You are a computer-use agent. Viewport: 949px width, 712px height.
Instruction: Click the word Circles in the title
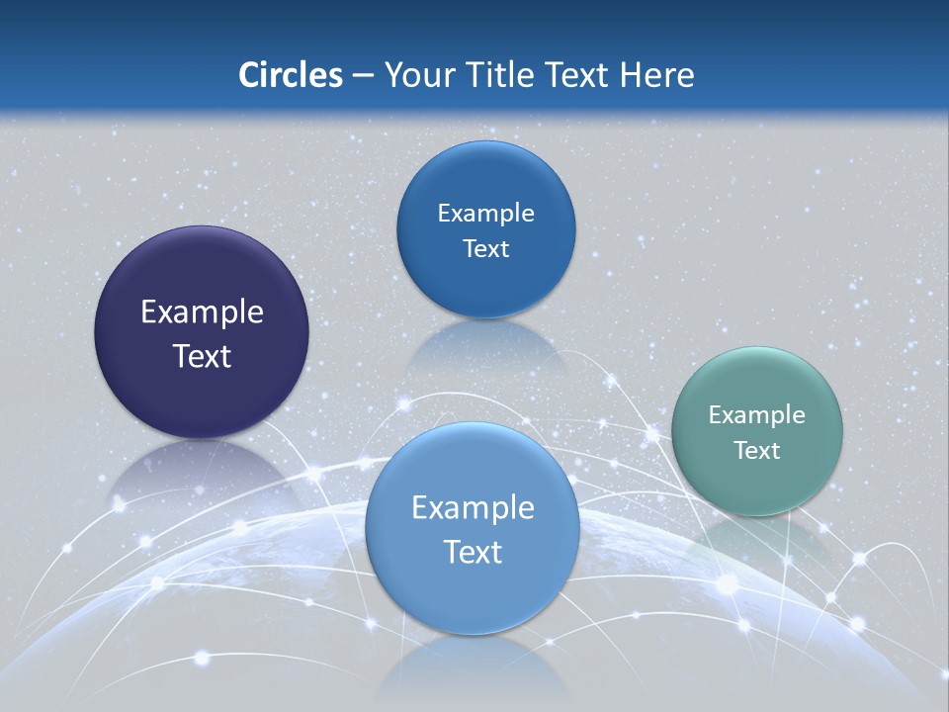point(290,75)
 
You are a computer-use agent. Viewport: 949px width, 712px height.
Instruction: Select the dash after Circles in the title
point(363,76)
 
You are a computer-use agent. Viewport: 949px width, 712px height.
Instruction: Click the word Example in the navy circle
point(202,312)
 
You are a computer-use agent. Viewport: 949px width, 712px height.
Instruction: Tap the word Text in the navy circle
point(202,356)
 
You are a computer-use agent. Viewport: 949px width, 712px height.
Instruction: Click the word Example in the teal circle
point(757,415)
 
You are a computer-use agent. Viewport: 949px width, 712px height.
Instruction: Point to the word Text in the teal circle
point(757,451)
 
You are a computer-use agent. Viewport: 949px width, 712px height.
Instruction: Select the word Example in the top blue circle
point(485,214)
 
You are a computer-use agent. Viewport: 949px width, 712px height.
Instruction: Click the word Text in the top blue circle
point(485,249)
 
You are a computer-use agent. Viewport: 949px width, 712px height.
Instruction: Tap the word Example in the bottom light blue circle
point(473,508)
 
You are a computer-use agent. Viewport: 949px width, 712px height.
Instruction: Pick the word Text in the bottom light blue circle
point(473,552)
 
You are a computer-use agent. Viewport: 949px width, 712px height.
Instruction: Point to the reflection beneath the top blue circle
point(484,346)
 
